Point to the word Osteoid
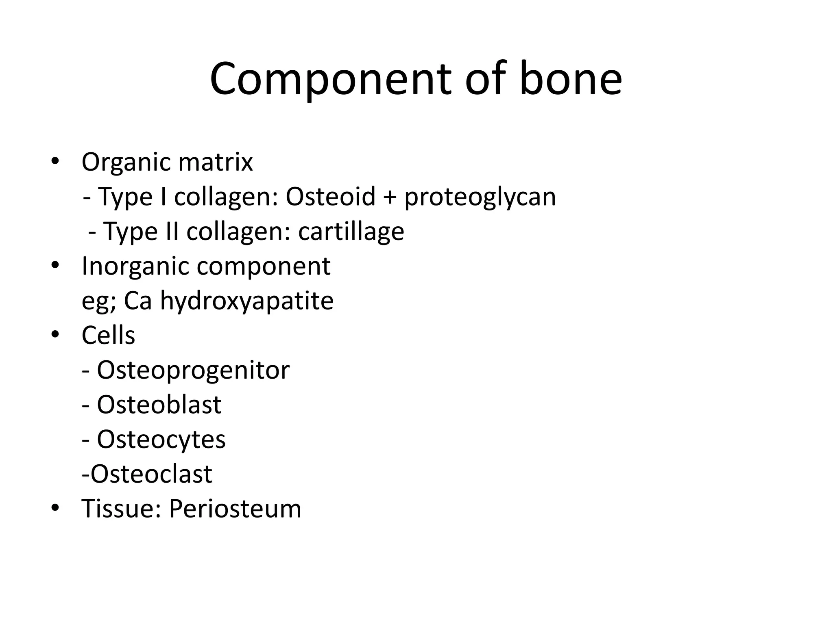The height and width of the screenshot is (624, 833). pos(330,197)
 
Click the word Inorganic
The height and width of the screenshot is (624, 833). pos(135,267)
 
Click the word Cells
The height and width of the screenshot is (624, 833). pos(108,336)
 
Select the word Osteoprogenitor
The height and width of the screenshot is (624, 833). pos(193,370)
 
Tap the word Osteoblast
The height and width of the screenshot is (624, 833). pos(159,405)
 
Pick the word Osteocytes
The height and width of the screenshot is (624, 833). pos(161,440)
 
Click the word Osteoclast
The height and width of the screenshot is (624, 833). pos(151,474)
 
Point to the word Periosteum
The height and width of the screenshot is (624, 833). pos(235,509)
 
